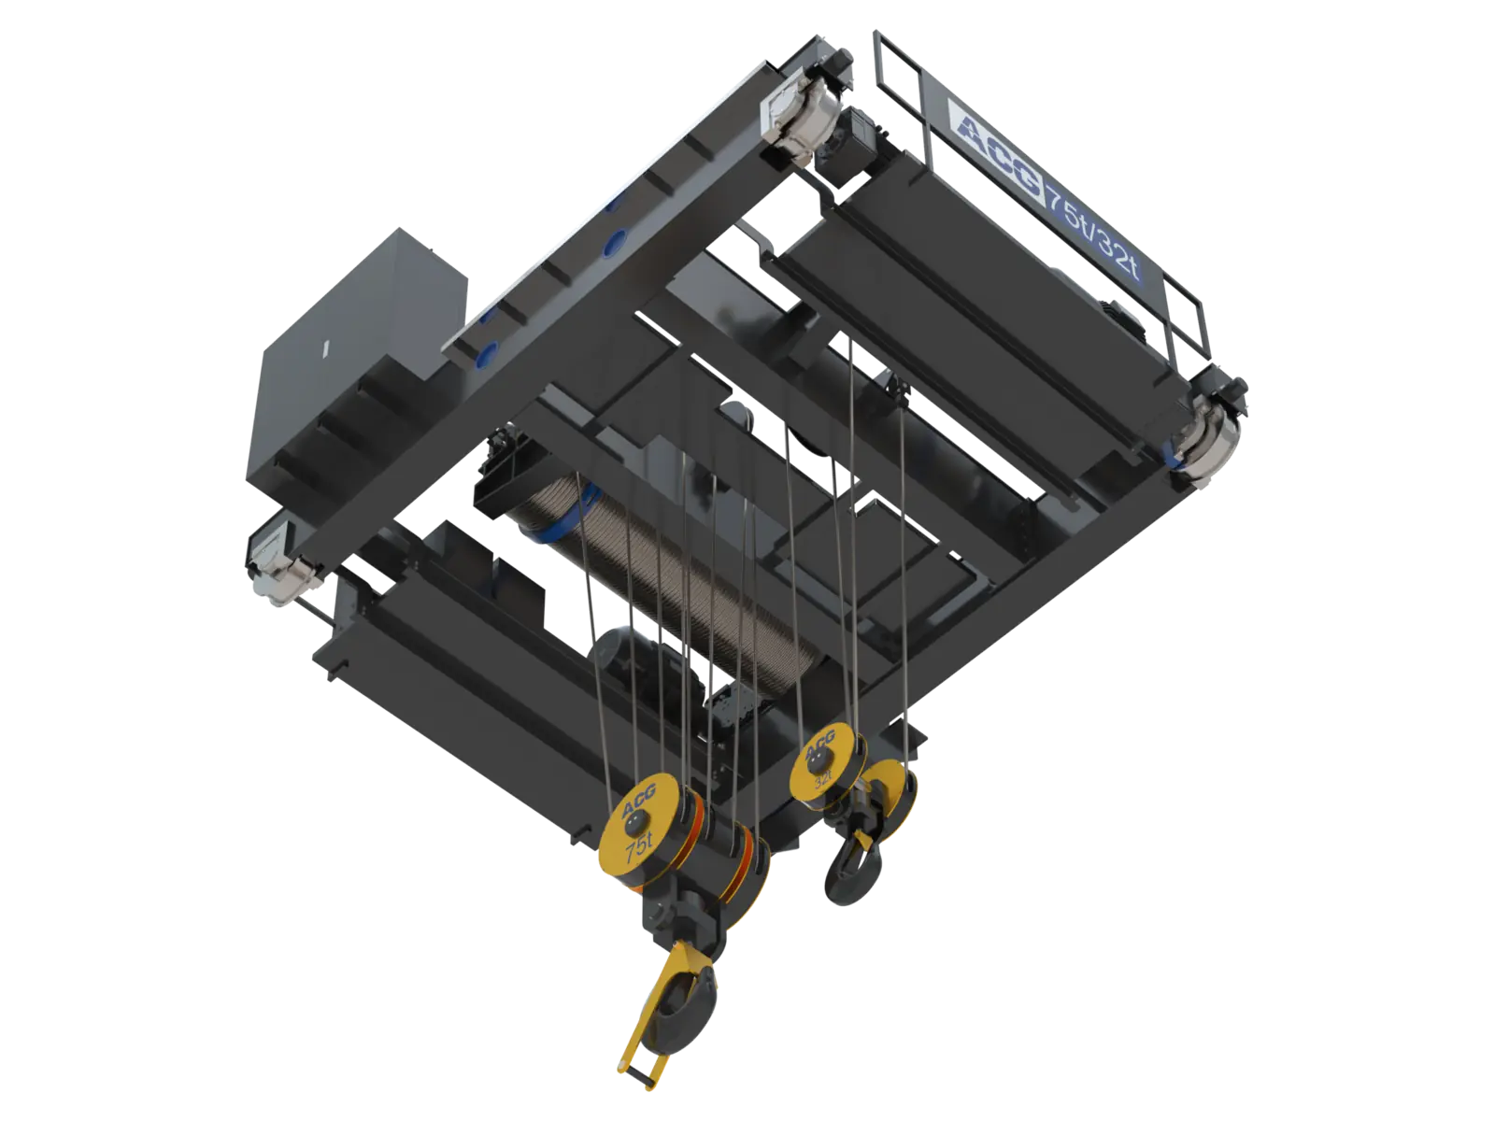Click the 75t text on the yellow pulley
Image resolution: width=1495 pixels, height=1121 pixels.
[639, 852]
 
